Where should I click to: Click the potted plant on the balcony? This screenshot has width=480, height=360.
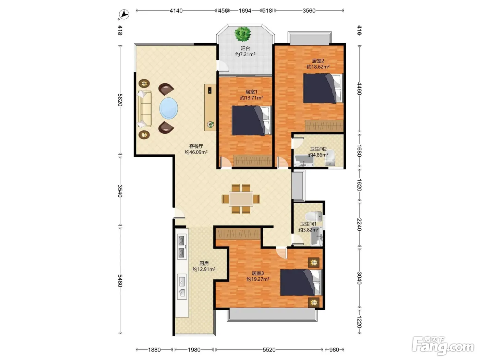pos(242,34)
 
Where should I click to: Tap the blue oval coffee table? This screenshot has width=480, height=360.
pos(169,108)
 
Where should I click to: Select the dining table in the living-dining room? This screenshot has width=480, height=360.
pos(241,199)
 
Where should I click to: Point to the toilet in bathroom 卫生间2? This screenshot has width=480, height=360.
pos(330,158)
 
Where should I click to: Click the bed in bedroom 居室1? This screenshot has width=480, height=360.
pos(251,120)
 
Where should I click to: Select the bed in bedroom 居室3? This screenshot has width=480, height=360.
pos(301,283)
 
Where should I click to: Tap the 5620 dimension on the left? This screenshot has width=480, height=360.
pos(120,100)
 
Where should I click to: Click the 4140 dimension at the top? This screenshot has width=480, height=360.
pos(176,11)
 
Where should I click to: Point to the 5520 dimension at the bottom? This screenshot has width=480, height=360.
pos(269,350)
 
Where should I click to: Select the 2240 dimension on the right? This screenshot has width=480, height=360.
pos(359,225)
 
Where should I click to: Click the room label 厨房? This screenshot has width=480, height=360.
pos(204,263)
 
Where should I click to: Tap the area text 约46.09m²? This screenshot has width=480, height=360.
pos(196,152)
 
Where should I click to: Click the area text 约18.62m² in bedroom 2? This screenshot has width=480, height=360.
pos(318,67)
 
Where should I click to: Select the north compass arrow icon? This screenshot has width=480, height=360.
pos(124,15)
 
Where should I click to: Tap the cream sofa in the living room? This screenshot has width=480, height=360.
pos(145,109)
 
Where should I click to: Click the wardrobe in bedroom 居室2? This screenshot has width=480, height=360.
pos(324,126)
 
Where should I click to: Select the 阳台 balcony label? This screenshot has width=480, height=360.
pos(245,49)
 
